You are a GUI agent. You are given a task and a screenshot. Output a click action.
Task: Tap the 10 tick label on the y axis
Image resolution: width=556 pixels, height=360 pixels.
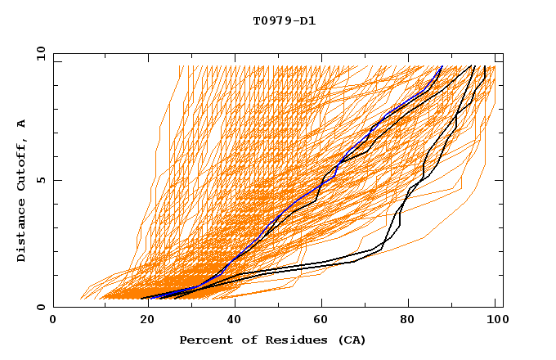tap(38, 53)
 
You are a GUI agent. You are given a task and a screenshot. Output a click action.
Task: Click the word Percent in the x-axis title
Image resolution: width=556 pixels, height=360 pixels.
tap(202, 340)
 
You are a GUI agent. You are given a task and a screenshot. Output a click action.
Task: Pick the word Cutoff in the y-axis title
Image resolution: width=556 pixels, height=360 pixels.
tap(22, 168)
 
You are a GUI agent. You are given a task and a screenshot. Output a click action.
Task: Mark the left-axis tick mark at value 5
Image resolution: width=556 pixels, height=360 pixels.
tap(56, 180)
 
